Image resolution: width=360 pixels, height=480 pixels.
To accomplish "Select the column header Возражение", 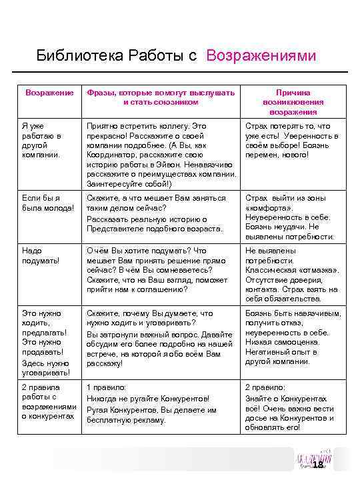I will [49, 92].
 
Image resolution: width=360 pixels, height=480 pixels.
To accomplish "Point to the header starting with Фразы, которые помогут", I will [161, 97].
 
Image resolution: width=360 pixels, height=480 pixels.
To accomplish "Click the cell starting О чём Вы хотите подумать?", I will [161, 269].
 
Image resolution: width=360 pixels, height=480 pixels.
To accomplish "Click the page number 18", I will [318, 465].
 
